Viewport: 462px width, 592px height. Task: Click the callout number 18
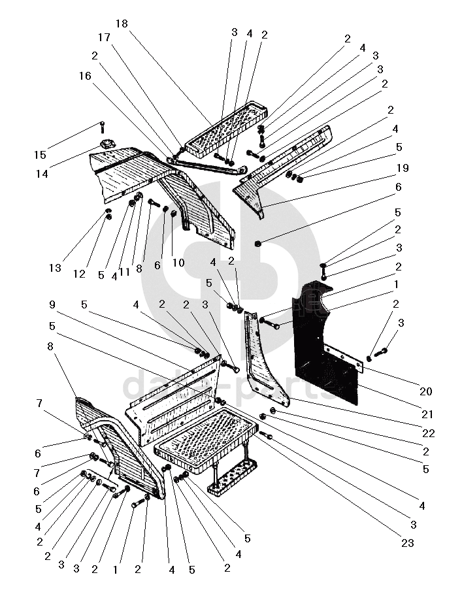click(x=122, y=24)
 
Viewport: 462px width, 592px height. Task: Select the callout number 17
click(x=105, y=37)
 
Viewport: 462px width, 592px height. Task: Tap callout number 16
click(x=86, y=76)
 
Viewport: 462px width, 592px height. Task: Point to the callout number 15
click(x=41, y=155)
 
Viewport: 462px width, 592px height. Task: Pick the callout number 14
click(x=42, y=174)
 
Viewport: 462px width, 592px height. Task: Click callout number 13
click(x=54, y=268)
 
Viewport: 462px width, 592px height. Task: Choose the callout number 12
click(x=79, y=274)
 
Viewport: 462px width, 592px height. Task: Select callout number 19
click(x=403, y=168)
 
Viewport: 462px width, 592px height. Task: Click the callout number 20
click(x=426, y=392)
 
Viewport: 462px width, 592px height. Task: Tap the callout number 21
click(x=426, y=414)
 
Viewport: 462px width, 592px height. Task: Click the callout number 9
click(x=52, y=304)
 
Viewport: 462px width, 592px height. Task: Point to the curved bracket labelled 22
click(x=265, y=366)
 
